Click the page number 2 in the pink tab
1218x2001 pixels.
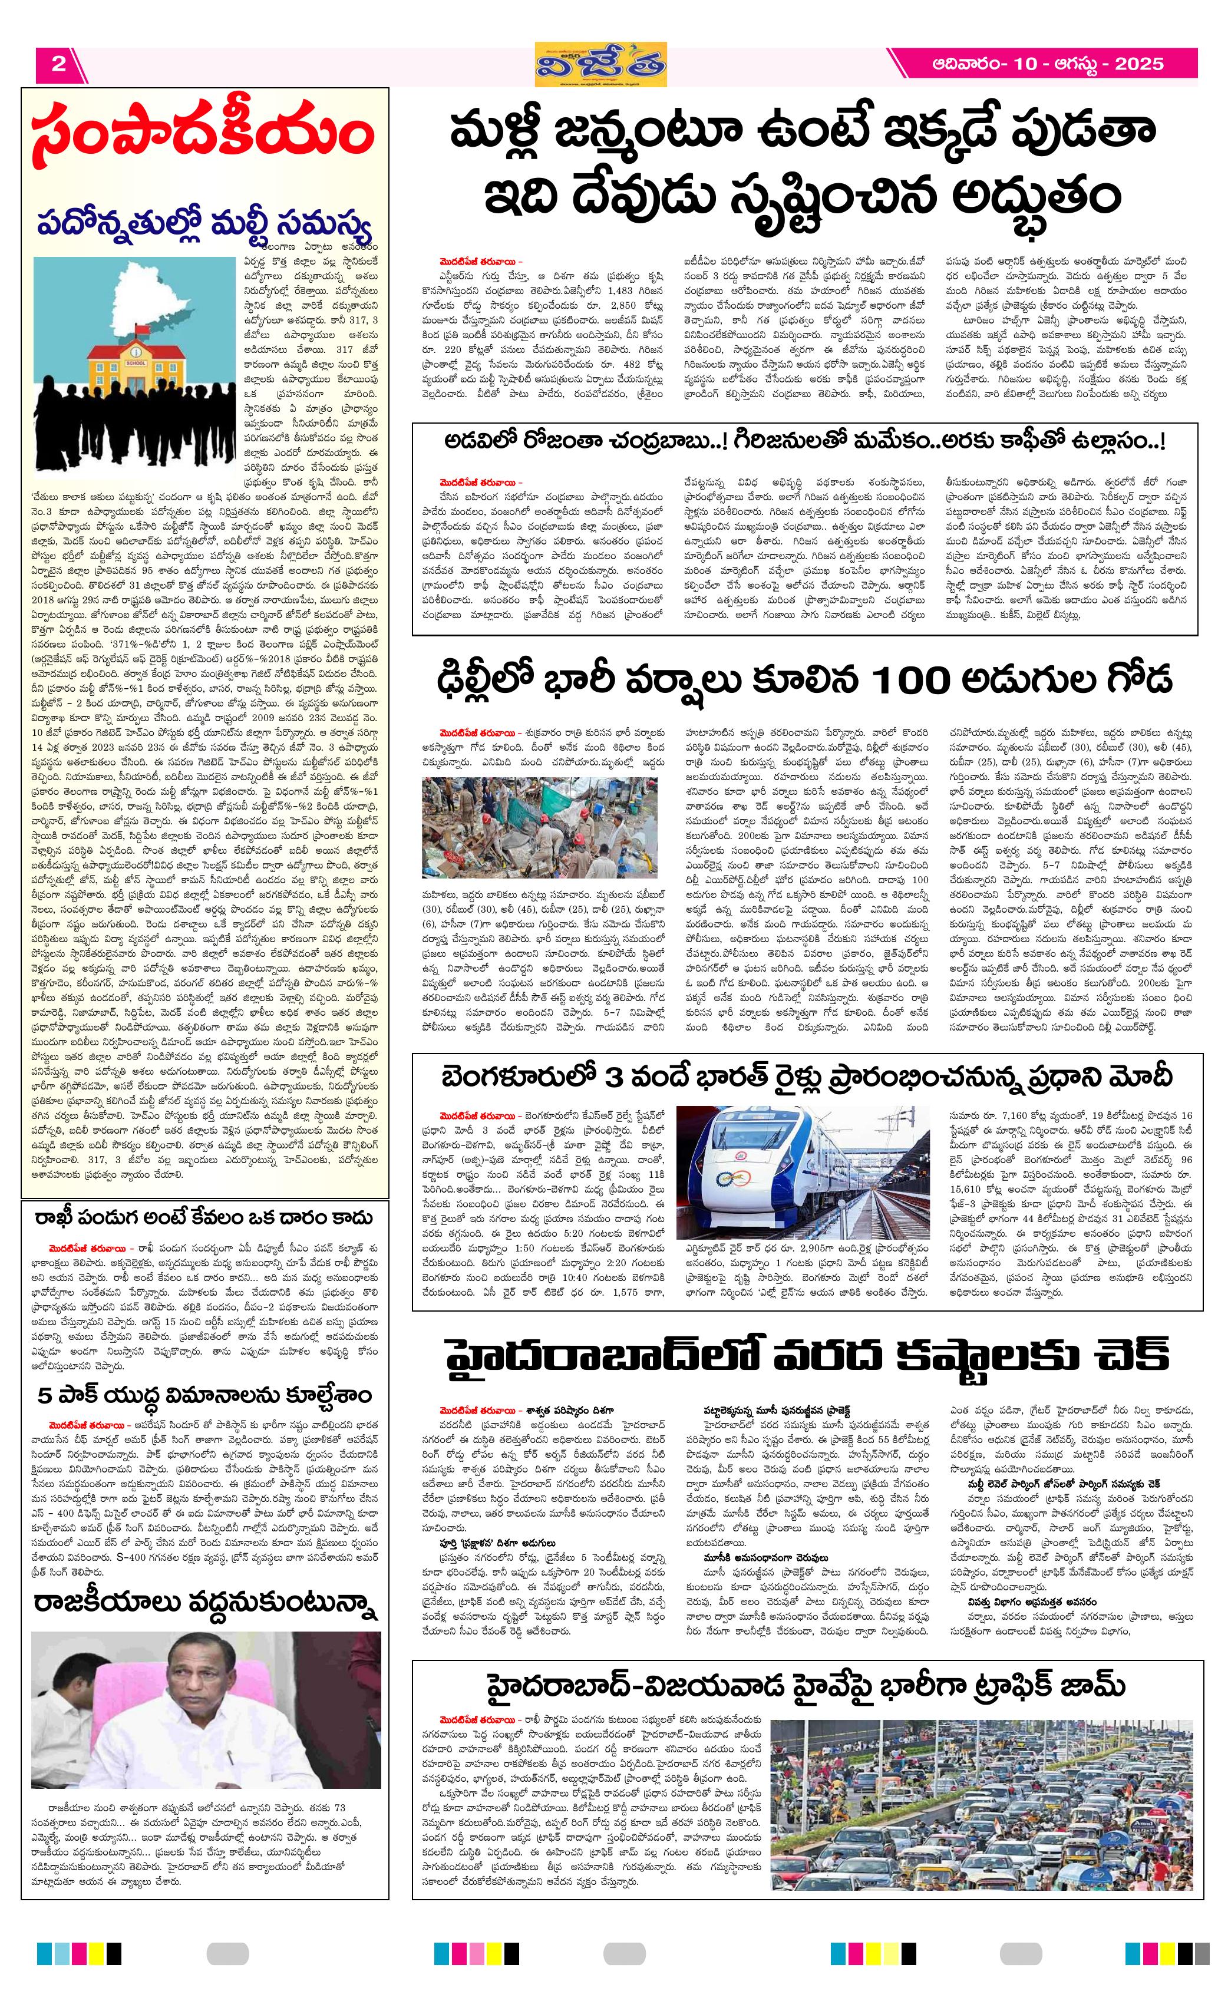tap(58, 64)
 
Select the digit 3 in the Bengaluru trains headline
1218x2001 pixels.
tap(615, 1077)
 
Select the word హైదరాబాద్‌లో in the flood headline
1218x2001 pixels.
tap(601, 1355)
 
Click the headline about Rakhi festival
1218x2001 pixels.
tap(203, 1218)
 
